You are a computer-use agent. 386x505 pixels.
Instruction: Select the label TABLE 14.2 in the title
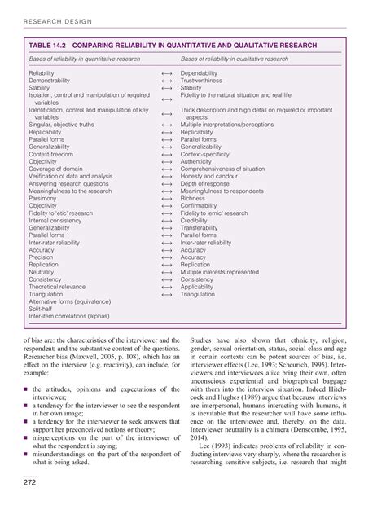pos(50,46)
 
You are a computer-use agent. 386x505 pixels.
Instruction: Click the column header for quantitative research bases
pos(84,59)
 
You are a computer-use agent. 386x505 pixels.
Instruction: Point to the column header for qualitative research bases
pos(235,59)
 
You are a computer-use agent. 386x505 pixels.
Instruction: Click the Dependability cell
pos(200,73)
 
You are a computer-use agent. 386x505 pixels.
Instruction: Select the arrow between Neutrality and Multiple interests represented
pos(166,271)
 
